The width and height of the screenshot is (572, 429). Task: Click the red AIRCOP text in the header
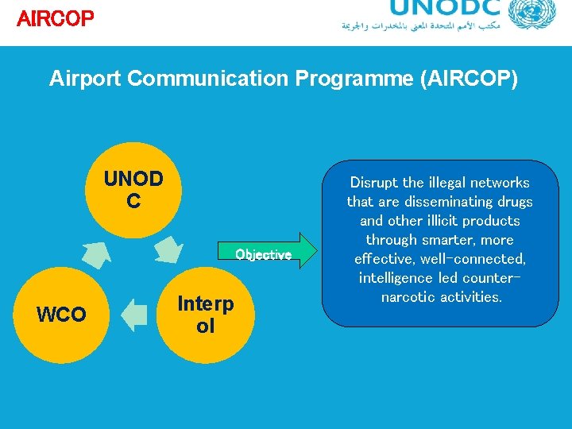[x=55, y=18]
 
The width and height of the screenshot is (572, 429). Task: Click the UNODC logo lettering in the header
[x=446, y=9]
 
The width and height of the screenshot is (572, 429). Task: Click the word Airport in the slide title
[x=84, y=79]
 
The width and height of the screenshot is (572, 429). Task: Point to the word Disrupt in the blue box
[x=374, y=183]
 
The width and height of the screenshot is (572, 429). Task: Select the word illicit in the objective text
[x=441, y=221]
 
